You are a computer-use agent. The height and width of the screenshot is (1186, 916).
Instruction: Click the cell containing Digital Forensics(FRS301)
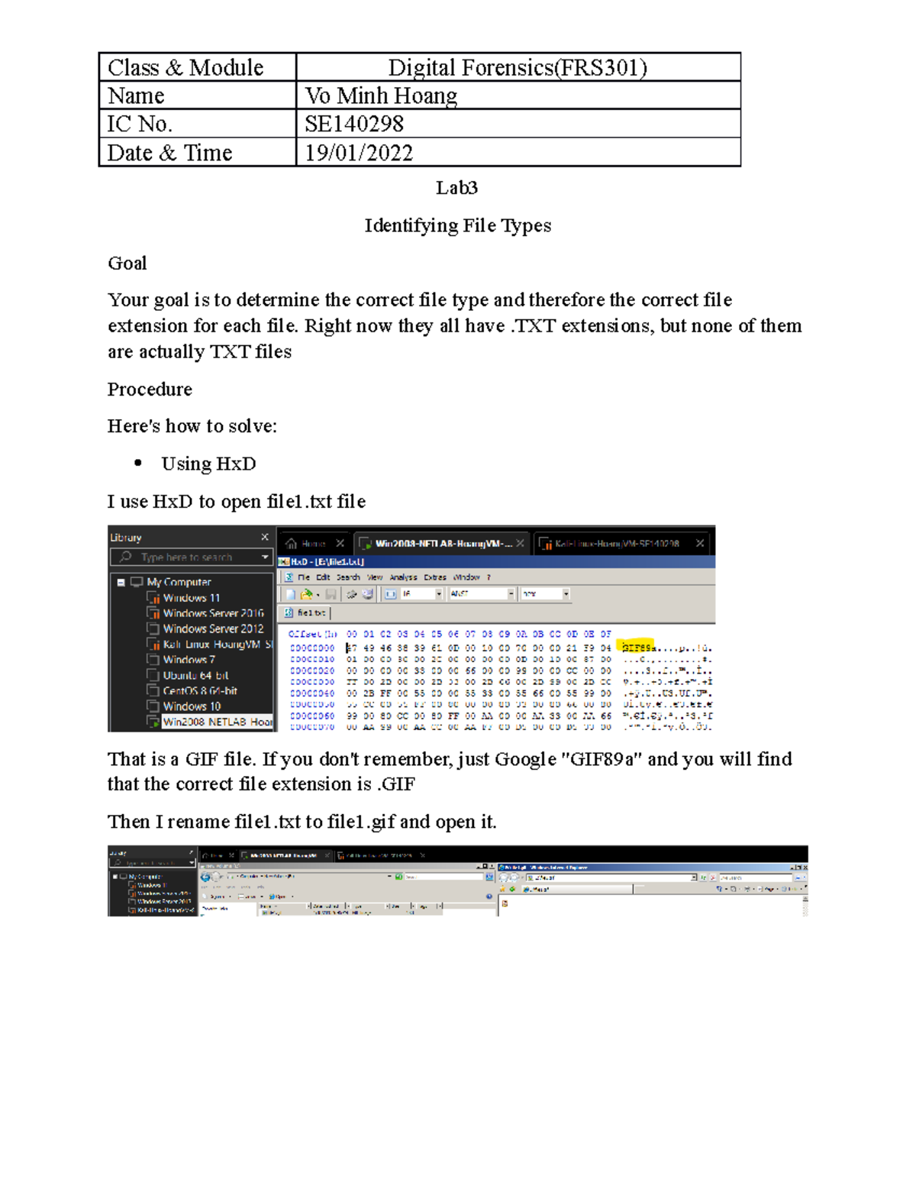tap(518, 68)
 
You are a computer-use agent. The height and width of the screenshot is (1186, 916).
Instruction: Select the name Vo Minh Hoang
tap(381, 96)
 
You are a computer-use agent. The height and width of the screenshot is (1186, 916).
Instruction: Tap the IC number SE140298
tap(354, 124)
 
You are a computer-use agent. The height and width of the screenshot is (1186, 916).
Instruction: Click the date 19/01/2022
tap(359, 153)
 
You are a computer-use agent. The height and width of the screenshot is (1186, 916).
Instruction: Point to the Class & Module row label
tap(185, 68)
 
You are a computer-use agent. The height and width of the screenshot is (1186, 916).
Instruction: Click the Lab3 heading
tap(456, 188)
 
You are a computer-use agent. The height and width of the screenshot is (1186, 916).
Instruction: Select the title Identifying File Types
tap(457, 226)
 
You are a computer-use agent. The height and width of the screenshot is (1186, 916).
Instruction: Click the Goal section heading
tap(127, 263)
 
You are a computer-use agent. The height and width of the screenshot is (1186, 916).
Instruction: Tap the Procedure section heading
tap(150, 389)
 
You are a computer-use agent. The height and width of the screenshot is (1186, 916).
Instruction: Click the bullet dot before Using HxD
tap(138, 463)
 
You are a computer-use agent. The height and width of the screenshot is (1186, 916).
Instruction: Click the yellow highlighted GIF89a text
tap(636, 647)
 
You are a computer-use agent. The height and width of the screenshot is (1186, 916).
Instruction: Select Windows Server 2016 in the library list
tap(213, 613)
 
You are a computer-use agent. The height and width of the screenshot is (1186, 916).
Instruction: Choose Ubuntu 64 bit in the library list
tap(195, 675)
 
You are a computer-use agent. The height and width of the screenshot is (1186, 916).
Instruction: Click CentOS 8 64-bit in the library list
tap(200, 690)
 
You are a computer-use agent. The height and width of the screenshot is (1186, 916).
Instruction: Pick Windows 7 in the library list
tap(189, 660)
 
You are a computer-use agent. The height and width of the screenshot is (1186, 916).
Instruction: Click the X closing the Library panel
tap(265, 538)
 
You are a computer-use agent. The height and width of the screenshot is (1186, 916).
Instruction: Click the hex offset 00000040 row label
tap(311, 693)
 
